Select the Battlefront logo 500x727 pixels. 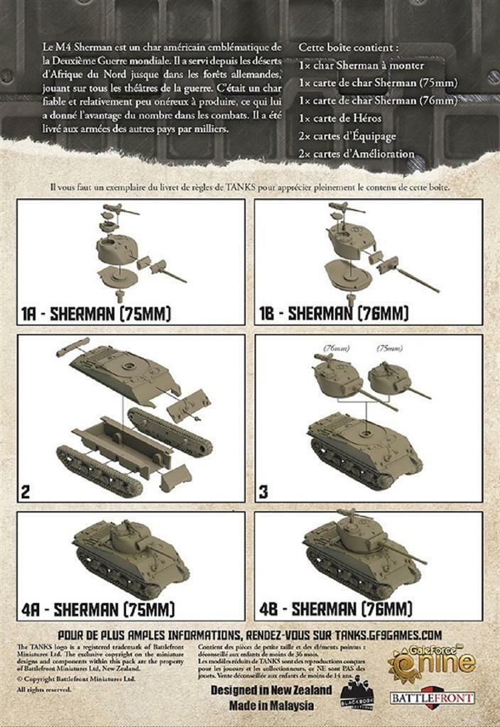[x=433, y=697]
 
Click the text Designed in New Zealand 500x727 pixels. [x=271, y=690]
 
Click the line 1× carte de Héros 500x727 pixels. [x=340, y=118]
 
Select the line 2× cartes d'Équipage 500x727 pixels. [x=347, y=136]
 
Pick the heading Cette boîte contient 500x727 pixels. [x=348, y=48]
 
